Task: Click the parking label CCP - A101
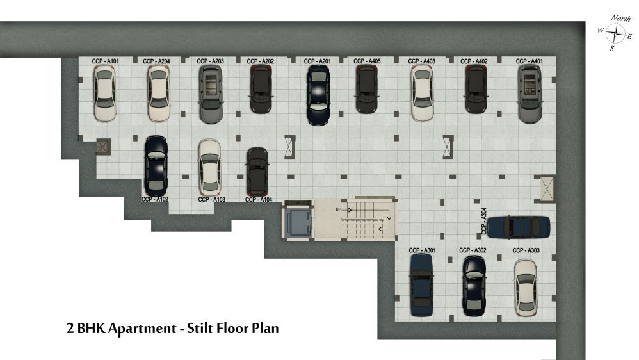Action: coord(105,61)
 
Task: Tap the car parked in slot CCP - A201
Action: coord(318,95)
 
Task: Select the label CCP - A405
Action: coord(367,61)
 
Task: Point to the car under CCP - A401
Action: coord(530,94)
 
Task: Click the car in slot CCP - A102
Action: coord(156,166)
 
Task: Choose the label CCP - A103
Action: coord(211,199)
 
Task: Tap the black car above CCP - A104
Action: coord(257,172)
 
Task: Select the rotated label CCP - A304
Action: coord(484,221)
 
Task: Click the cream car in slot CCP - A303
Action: coord(525,288)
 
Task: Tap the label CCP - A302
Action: coord(473,250)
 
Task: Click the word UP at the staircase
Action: coord(338,209)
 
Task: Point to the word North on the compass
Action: coord(620,19)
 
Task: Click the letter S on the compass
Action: coord(612,49)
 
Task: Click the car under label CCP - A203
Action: coord(211,94)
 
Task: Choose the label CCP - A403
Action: coord(421,61)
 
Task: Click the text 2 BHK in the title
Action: coord(86,328)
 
